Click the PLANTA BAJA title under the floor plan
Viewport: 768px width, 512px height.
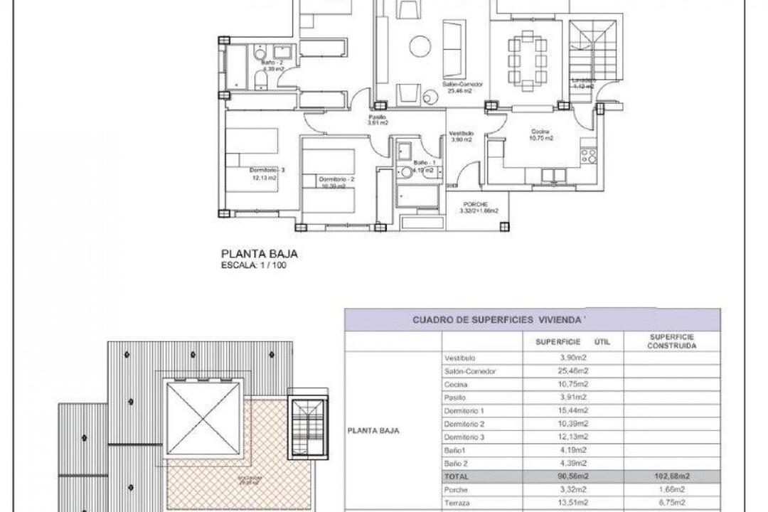coord(258,252)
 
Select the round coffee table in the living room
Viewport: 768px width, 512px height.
coord(420,47)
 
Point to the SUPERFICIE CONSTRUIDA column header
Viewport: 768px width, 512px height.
coord(673,341)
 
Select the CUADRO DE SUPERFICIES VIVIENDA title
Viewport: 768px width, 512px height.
coord(503,320)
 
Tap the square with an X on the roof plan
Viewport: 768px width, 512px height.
coord(202,419)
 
